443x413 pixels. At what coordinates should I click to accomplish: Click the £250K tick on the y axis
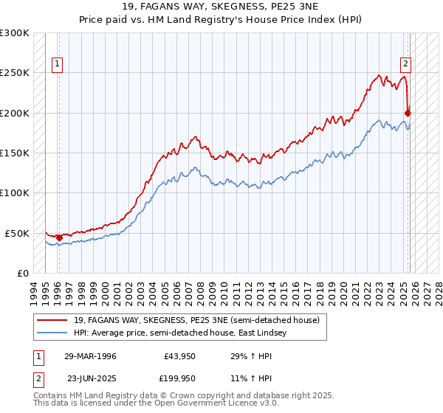click(x=15, y=73)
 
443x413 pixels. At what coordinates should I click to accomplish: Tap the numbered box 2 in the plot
click(x=405, y=63)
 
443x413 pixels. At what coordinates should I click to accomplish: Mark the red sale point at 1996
click(x=59, y=237)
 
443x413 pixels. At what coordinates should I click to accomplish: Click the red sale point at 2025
click(x=408, y=113)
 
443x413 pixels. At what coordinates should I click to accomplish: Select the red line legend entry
click(x=196, y=321)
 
